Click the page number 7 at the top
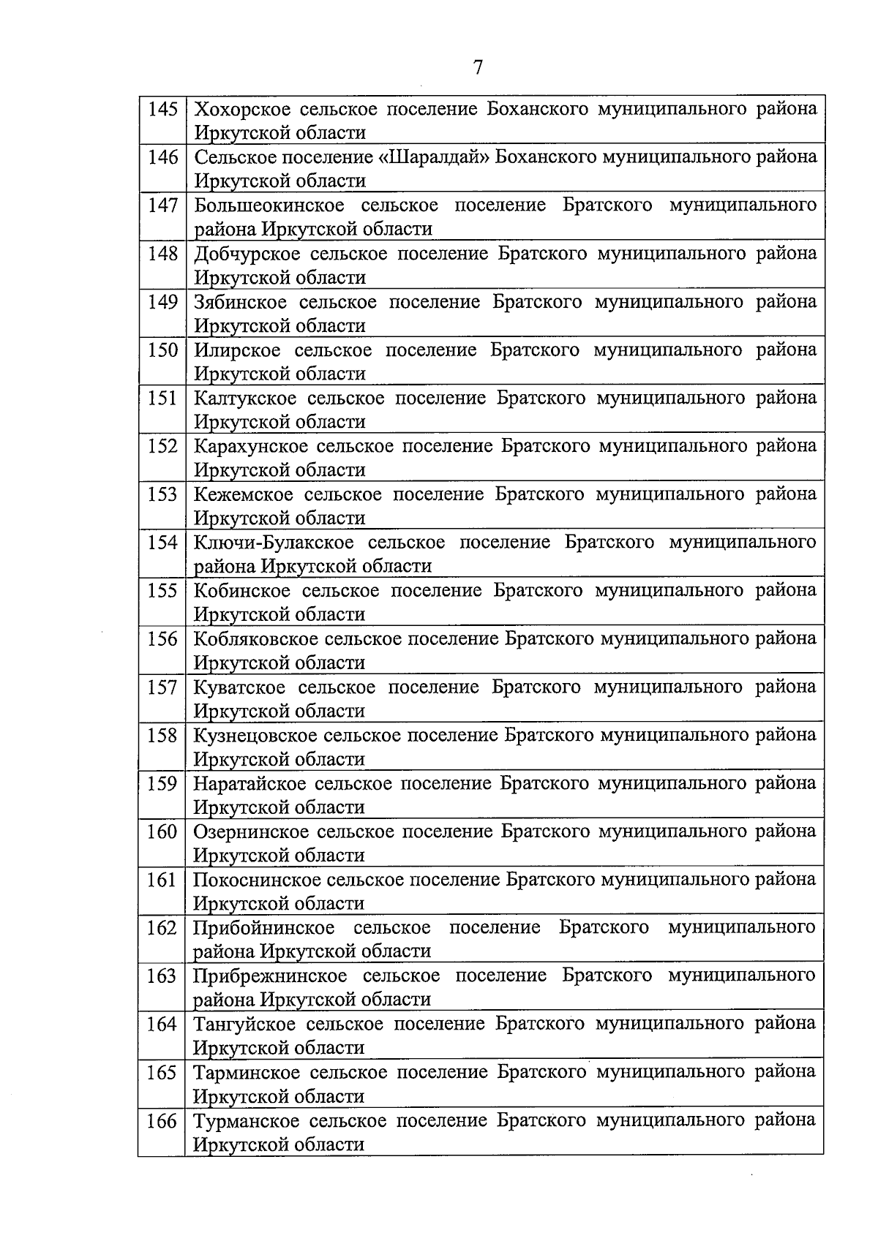478,68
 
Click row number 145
162,110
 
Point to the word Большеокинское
269,205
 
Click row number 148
162,254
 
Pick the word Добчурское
247,254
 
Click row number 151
162,398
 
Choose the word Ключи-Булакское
274,543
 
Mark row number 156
162,639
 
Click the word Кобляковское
255,639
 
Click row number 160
162,831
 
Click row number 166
162,1120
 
